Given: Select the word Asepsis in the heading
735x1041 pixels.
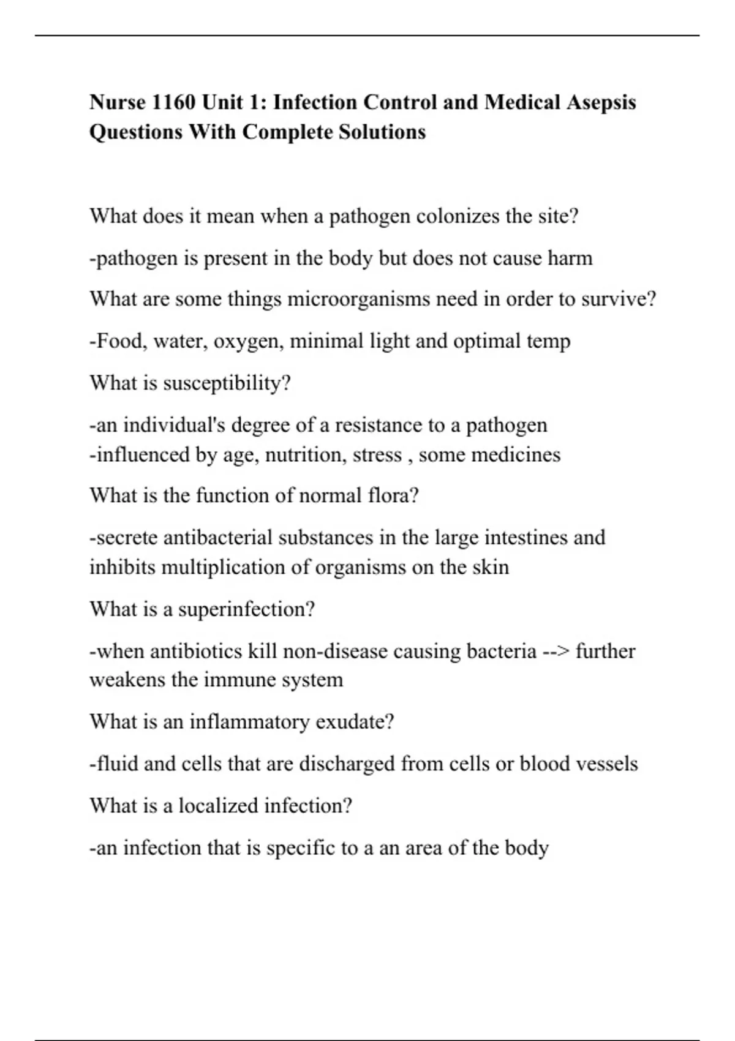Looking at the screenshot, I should [601, 102].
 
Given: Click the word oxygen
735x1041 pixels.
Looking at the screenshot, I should [248, 341].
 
